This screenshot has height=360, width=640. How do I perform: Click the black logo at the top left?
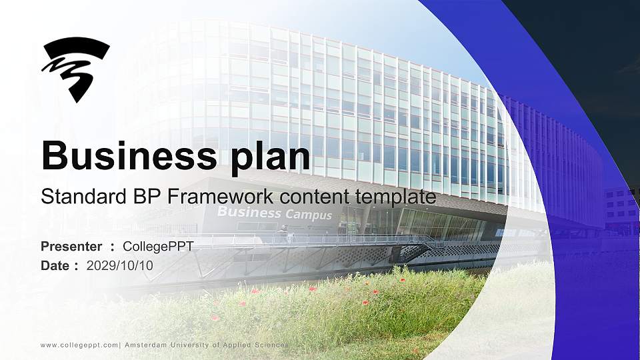click(75, 68)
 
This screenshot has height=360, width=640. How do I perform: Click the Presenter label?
click(71, 247)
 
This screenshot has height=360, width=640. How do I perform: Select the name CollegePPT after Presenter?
click(158, 247)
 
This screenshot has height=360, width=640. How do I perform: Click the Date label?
click(55, 265)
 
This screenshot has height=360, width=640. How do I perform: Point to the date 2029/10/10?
click(120, 265)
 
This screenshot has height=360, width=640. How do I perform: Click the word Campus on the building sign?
click(309, 215)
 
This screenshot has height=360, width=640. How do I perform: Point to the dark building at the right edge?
click(621, 207)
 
